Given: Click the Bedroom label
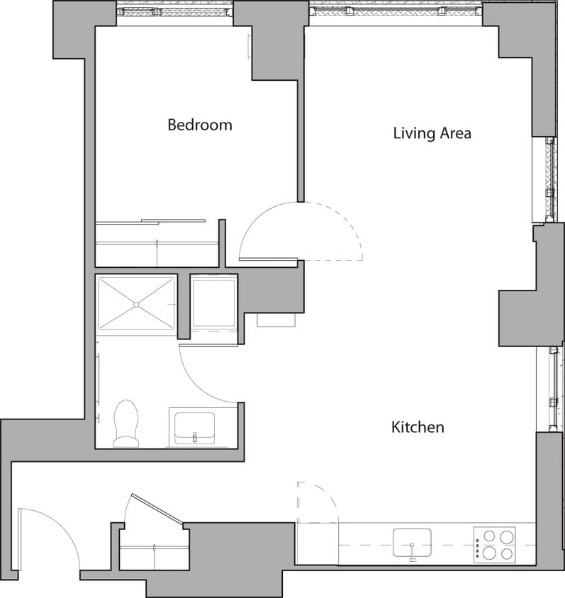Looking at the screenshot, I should tap(199, 125).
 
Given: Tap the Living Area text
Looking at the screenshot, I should tap(432, 133).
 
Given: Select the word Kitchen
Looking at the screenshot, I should tap(418, 427).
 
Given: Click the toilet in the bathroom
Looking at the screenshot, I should tap(126, 423).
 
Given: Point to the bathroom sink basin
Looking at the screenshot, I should tap(194, 427).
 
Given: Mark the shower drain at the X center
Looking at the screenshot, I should tap(135, 303).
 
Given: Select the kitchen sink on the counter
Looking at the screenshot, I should tap(412, 543).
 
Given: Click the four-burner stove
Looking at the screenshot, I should tap(494, 545).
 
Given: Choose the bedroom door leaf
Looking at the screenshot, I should tap(268, 259).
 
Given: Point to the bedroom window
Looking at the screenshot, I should tap(174, 12).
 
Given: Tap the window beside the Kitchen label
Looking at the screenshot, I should tap(552, 389).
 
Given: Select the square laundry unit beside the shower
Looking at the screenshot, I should tap(214, 303).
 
